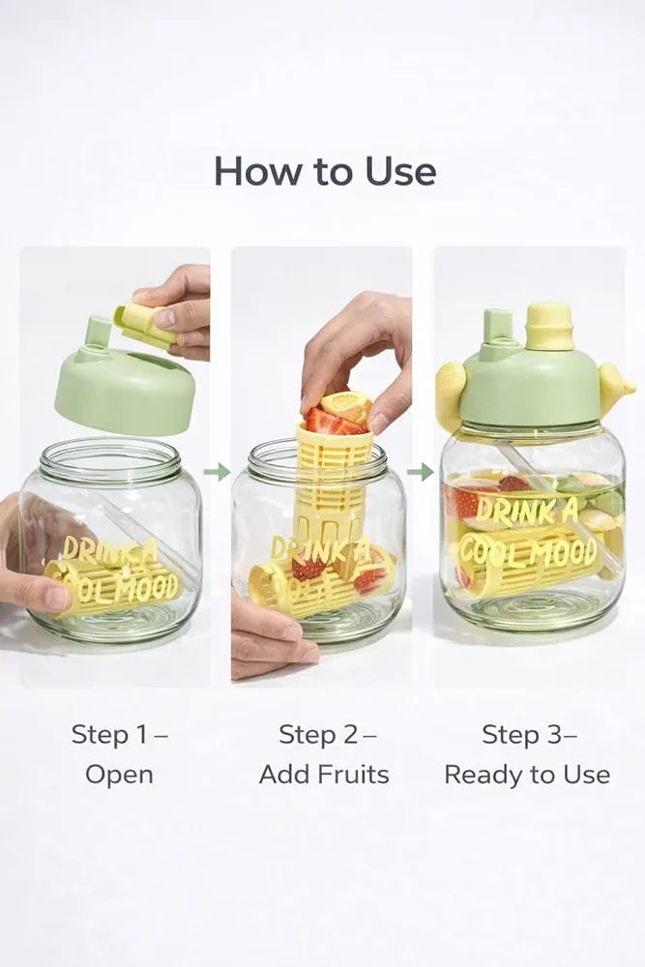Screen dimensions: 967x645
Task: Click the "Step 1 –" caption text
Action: (x=119, y=734)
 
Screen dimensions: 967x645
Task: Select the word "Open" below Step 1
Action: (x=119, y=775)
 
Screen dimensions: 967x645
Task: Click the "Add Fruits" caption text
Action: (x=324, y=775)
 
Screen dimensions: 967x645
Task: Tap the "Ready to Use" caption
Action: (x=527, y=775)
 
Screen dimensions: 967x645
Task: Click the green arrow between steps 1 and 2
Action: (x=219, y=472)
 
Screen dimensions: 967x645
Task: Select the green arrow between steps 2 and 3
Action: (x=420, y=472)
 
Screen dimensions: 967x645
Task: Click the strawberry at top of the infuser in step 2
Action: (x=323, y=421)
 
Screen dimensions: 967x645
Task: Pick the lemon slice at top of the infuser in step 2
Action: (x=346, y=403)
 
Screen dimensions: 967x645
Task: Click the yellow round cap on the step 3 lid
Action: (x=548, y=326)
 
